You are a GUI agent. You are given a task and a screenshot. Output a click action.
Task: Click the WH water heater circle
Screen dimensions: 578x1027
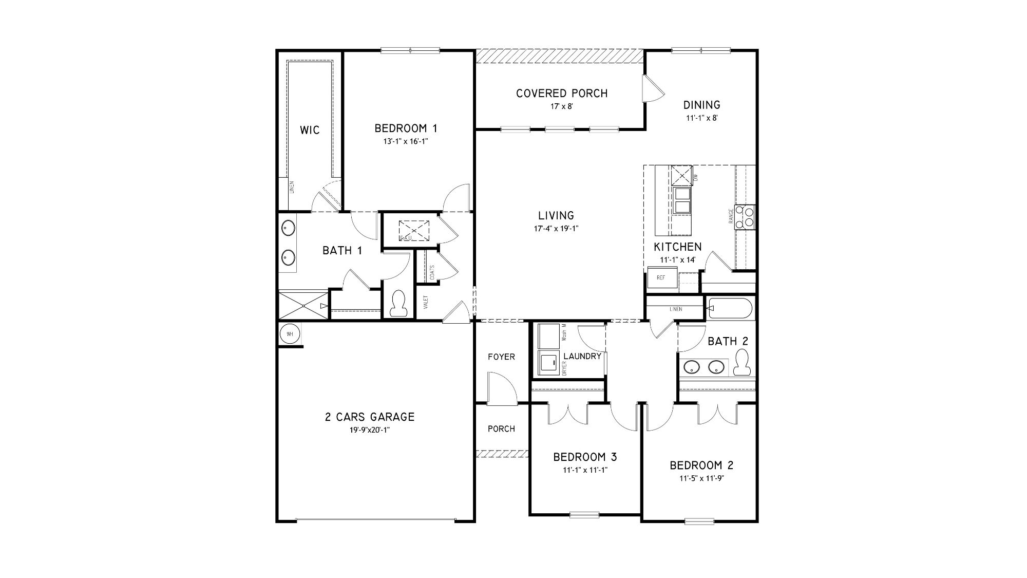click(x=290, y=334)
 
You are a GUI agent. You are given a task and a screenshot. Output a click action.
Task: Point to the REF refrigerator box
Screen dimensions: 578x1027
click(x=661, y=278)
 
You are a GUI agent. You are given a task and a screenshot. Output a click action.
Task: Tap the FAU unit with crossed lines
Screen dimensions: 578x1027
click(x=414, y=230)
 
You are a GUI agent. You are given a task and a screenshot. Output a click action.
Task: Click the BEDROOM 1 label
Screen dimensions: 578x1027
click(x=406, y=128)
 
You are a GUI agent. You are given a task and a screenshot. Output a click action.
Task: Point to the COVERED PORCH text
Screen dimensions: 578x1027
click(x=562, y=94)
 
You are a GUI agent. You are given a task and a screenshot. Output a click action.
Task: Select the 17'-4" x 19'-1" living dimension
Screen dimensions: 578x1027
click(x=556, y=229)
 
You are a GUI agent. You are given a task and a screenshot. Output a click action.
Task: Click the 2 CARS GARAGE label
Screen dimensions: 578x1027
click(x=369, y=417)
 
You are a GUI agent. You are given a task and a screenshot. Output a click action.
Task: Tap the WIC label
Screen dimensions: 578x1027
click(x=310, y=130)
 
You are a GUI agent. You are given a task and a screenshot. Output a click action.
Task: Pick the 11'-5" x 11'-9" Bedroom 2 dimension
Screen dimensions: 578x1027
click(x=701, y=478)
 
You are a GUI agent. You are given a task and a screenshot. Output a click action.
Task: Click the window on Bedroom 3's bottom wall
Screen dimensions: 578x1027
click(x=584, y=514)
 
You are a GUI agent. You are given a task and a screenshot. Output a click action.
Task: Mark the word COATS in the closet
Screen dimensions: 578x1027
click(x=432, y=272)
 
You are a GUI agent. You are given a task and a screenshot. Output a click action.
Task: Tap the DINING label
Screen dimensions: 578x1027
click(x=701, y=105)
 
